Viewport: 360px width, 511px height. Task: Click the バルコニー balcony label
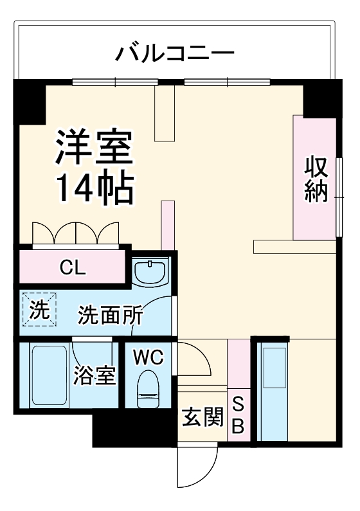tap(174, 52)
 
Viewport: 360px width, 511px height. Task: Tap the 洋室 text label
tap(94, 148)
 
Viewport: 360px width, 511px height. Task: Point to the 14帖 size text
tap(94, 187)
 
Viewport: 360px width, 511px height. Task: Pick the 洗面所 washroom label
tap(110, 315)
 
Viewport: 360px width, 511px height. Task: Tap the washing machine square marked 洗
tap(39, 310)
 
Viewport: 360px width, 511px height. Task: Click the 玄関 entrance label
tap(202, 418)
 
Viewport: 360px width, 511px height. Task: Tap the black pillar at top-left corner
tap(30, 102)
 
